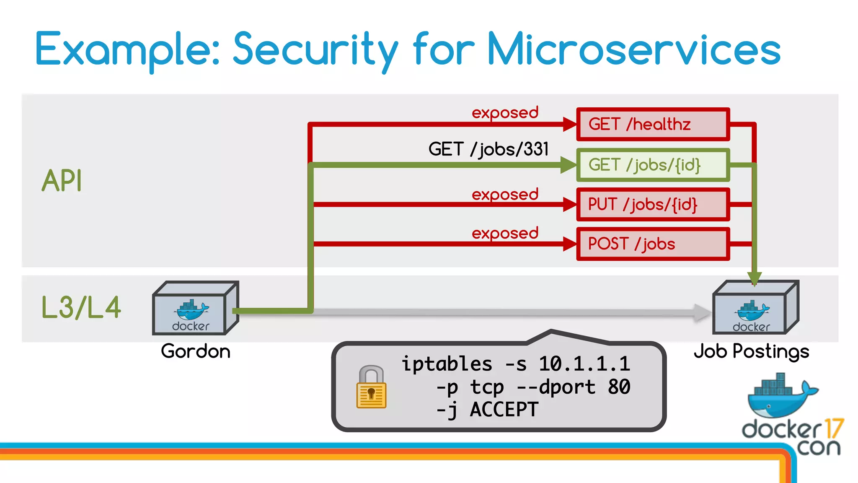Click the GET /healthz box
click(x=653, y=125)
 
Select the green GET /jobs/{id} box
click(x=653, y=165)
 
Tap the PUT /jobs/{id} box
click(x=653, y=205)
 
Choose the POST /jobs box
click(x=653, y=244)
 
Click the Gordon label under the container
click(x=196, y=351)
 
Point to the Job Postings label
click(x=751, y=351)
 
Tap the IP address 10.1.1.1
click(x=584, y=364)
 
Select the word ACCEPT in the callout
click(x=504, y=410)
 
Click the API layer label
click(x=62, y=181)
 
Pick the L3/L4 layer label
click(x=81, y=307)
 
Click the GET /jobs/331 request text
click(x=488, y=149)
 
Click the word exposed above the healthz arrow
click(x=505, y=113)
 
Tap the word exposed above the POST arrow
click(x=505, y=233)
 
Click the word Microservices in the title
click(x=633, y=49)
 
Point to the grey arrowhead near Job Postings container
click(x=702, y=313)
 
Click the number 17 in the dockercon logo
click(x=833, y=429)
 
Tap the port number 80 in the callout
click(x=619, y=387)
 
